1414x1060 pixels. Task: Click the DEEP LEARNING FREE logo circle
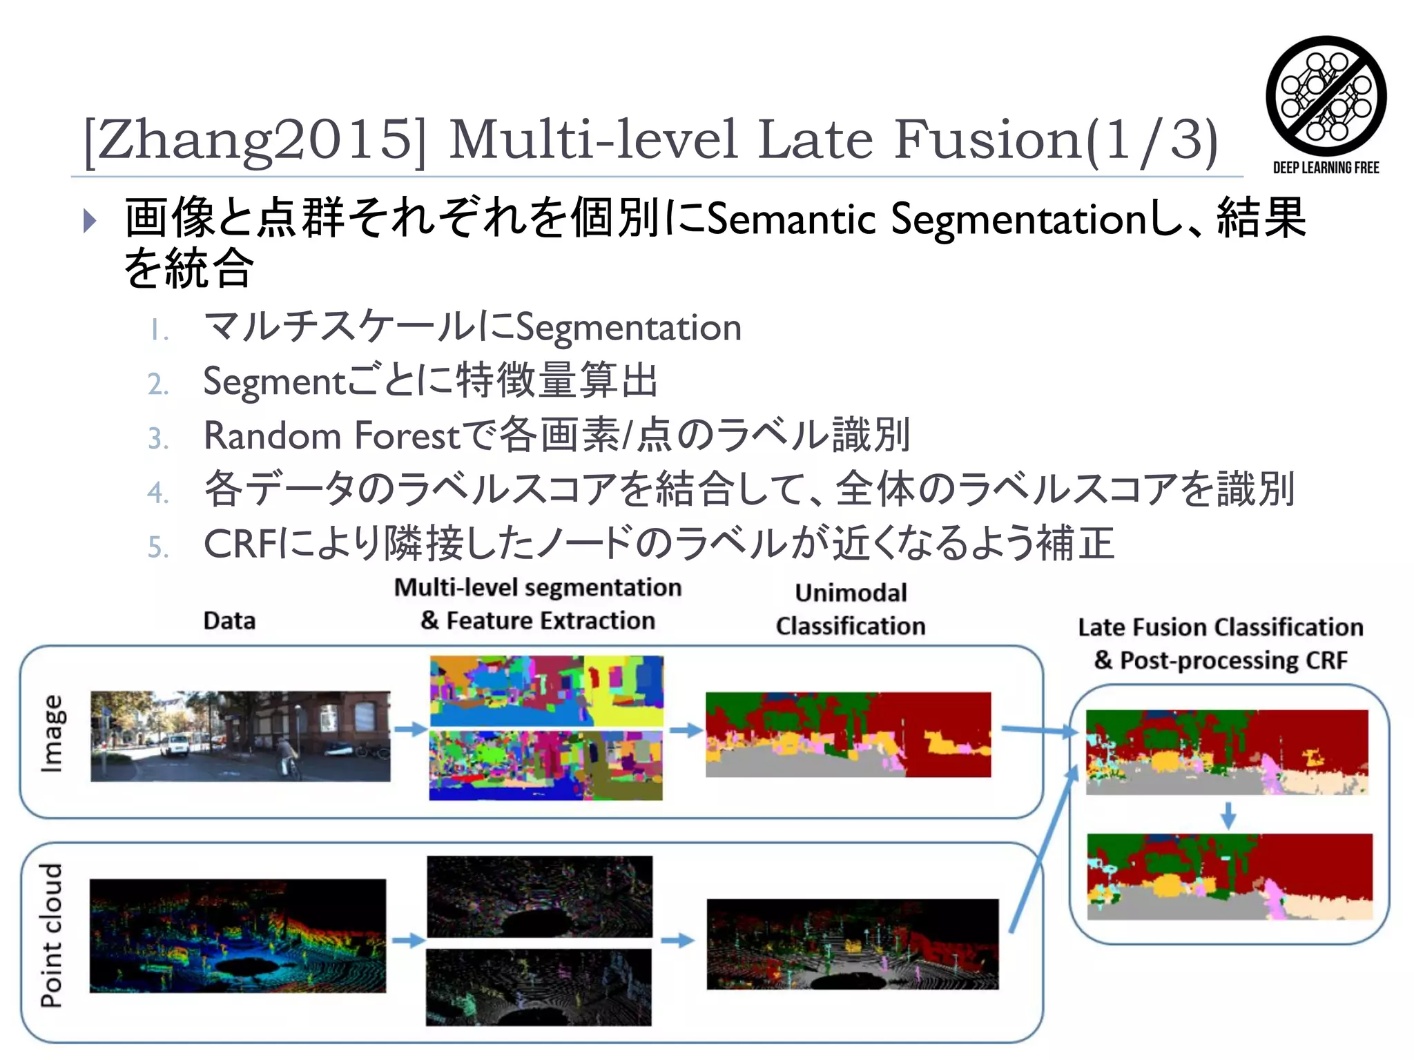point(1326,96)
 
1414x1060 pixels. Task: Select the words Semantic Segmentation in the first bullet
point(925,219)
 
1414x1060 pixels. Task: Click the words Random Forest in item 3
point(331,436)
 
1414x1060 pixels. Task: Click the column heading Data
point(229,620)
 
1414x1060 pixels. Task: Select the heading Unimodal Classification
point(851,609)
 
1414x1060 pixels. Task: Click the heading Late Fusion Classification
point(1221,627)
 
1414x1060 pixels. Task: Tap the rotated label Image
point(52,733)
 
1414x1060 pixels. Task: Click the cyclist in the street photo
point(287,755)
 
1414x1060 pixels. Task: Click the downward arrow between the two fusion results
point(1228,815)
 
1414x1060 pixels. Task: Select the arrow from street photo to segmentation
point(410,729)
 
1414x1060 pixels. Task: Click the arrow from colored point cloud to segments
point(408,940)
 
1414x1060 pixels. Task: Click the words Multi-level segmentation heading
point(537,587)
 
